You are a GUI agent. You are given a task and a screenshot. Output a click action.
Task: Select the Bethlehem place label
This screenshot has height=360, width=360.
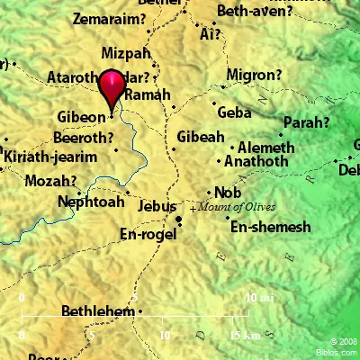pyautogui.click(x=97, y=311)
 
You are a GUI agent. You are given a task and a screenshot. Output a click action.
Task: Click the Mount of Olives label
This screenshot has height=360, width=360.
pyautogui.click(x=232, y=207)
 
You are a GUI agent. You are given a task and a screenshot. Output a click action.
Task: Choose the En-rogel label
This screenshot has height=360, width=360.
pyautogui.click(x=148, y=233)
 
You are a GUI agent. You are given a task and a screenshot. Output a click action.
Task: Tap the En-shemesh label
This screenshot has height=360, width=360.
pyautogui.click(x=270, y=227)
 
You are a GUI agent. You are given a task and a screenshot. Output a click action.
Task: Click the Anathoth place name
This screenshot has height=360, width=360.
pyautogui.click(x=255, y=162)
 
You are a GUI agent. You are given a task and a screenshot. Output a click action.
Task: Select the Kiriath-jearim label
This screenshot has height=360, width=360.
pyautogui.click(x=45, y=156)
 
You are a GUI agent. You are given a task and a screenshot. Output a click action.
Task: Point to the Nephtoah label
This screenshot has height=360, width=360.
pyautogui.click(x=89, y=202)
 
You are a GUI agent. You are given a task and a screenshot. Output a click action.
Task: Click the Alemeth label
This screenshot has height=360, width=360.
pyautogui.click(x=265, y=147)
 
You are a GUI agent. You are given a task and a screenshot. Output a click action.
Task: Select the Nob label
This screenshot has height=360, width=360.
pyautogui.click(x=226, y=192)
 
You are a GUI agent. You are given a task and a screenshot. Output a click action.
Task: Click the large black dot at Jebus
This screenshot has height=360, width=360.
pyautogui.click(x=179, y=219)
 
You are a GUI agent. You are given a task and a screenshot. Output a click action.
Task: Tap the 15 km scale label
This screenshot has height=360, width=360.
pyautogui.click(x=246, y=335)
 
